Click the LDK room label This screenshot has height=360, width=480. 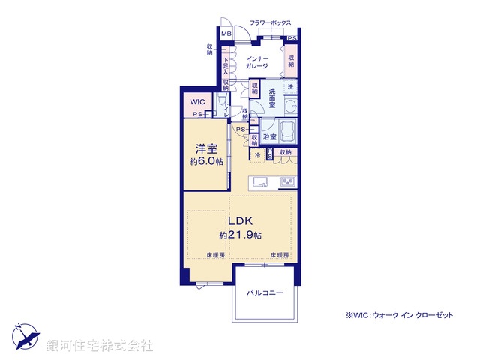point(240,222)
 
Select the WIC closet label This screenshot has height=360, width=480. point(196,101)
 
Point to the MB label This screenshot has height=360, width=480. point(226,34)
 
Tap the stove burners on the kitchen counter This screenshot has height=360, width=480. point(289,183)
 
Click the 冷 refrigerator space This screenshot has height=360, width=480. point(257,155)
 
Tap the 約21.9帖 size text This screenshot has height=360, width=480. point(240,235)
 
